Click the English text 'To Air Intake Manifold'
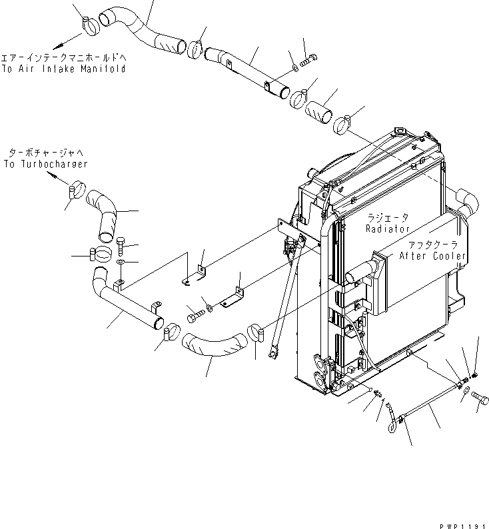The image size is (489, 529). point(63,69)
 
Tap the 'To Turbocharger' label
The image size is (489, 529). point(45,163)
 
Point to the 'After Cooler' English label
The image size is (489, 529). point(433,255)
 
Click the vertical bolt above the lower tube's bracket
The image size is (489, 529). point(121,247)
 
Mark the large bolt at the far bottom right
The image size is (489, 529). point(481,398)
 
